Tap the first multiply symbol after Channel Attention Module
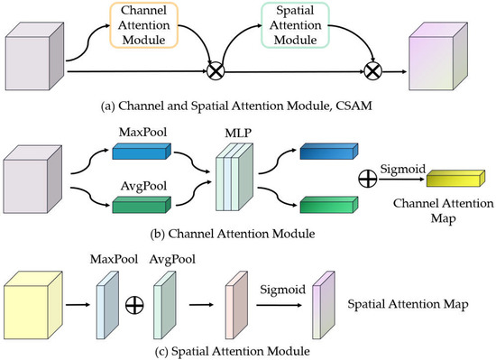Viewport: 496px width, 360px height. pyautogui.click(x=216, y=69)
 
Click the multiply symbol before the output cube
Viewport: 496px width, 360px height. pyautogui.click(x=371, y=69)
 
